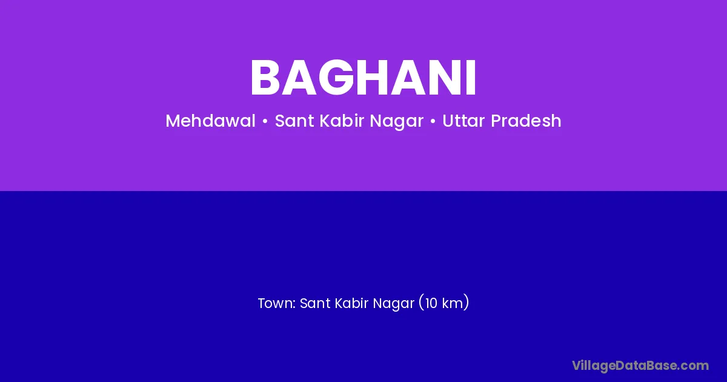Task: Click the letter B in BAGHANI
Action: point(265,78)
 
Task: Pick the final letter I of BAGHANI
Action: point(472,78)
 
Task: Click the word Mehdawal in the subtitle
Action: point(211,121)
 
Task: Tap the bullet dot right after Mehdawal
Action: point(265,122)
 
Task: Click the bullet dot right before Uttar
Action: point(433,122)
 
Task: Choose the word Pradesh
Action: point(526,121)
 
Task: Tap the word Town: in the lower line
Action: point(277,303)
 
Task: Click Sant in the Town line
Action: point(314,303)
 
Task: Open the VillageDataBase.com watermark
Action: point(640,366)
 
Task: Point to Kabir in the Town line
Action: point(351,303)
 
